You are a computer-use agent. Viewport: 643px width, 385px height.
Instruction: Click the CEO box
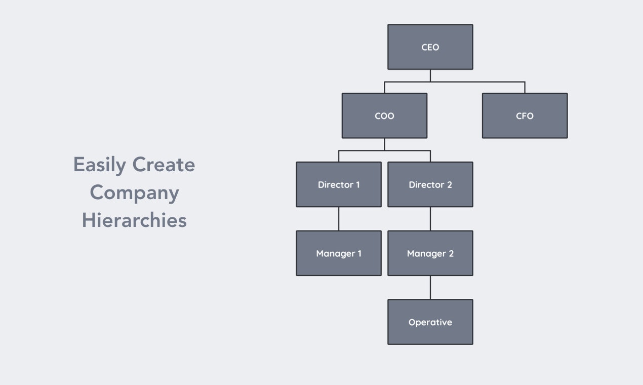[430, 47]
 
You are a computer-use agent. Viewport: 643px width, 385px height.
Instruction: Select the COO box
[384, 115]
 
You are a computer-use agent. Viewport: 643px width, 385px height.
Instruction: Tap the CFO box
[525, 115]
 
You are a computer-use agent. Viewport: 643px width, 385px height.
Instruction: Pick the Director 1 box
[339, 184]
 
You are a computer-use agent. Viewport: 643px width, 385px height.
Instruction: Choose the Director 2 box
[430, 184]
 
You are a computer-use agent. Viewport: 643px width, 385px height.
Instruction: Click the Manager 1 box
[339, 253]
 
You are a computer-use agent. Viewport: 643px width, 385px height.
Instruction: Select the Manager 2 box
[430, 253]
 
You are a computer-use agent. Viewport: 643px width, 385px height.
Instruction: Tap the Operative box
[430, 322]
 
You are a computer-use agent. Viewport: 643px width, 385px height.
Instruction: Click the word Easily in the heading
[99, 165]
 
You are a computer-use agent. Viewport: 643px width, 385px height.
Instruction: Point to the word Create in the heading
[164, 165]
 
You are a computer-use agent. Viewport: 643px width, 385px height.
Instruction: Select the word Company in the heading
[134, 193]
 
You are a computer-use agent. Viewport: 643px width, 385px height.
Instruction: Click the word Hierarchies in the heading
[134, 220]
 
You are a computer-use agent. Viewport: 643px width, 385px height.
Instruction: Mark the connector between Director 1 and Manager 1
[339, 219]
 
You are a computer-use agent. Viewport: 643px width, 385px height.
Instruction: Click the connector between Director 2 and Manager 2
[430, 219]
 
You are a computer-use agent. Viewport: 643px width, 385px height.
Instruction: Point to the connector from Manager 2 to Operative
[430, 288]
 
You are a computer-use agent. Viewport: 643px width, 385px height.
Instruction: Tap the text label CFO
[525, 116]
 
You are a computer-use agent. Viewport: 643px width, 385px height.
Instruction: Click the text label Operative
[430, 322]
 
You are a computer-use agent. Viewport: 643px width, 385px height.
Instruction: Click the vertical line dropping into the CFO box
[525, 87]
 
